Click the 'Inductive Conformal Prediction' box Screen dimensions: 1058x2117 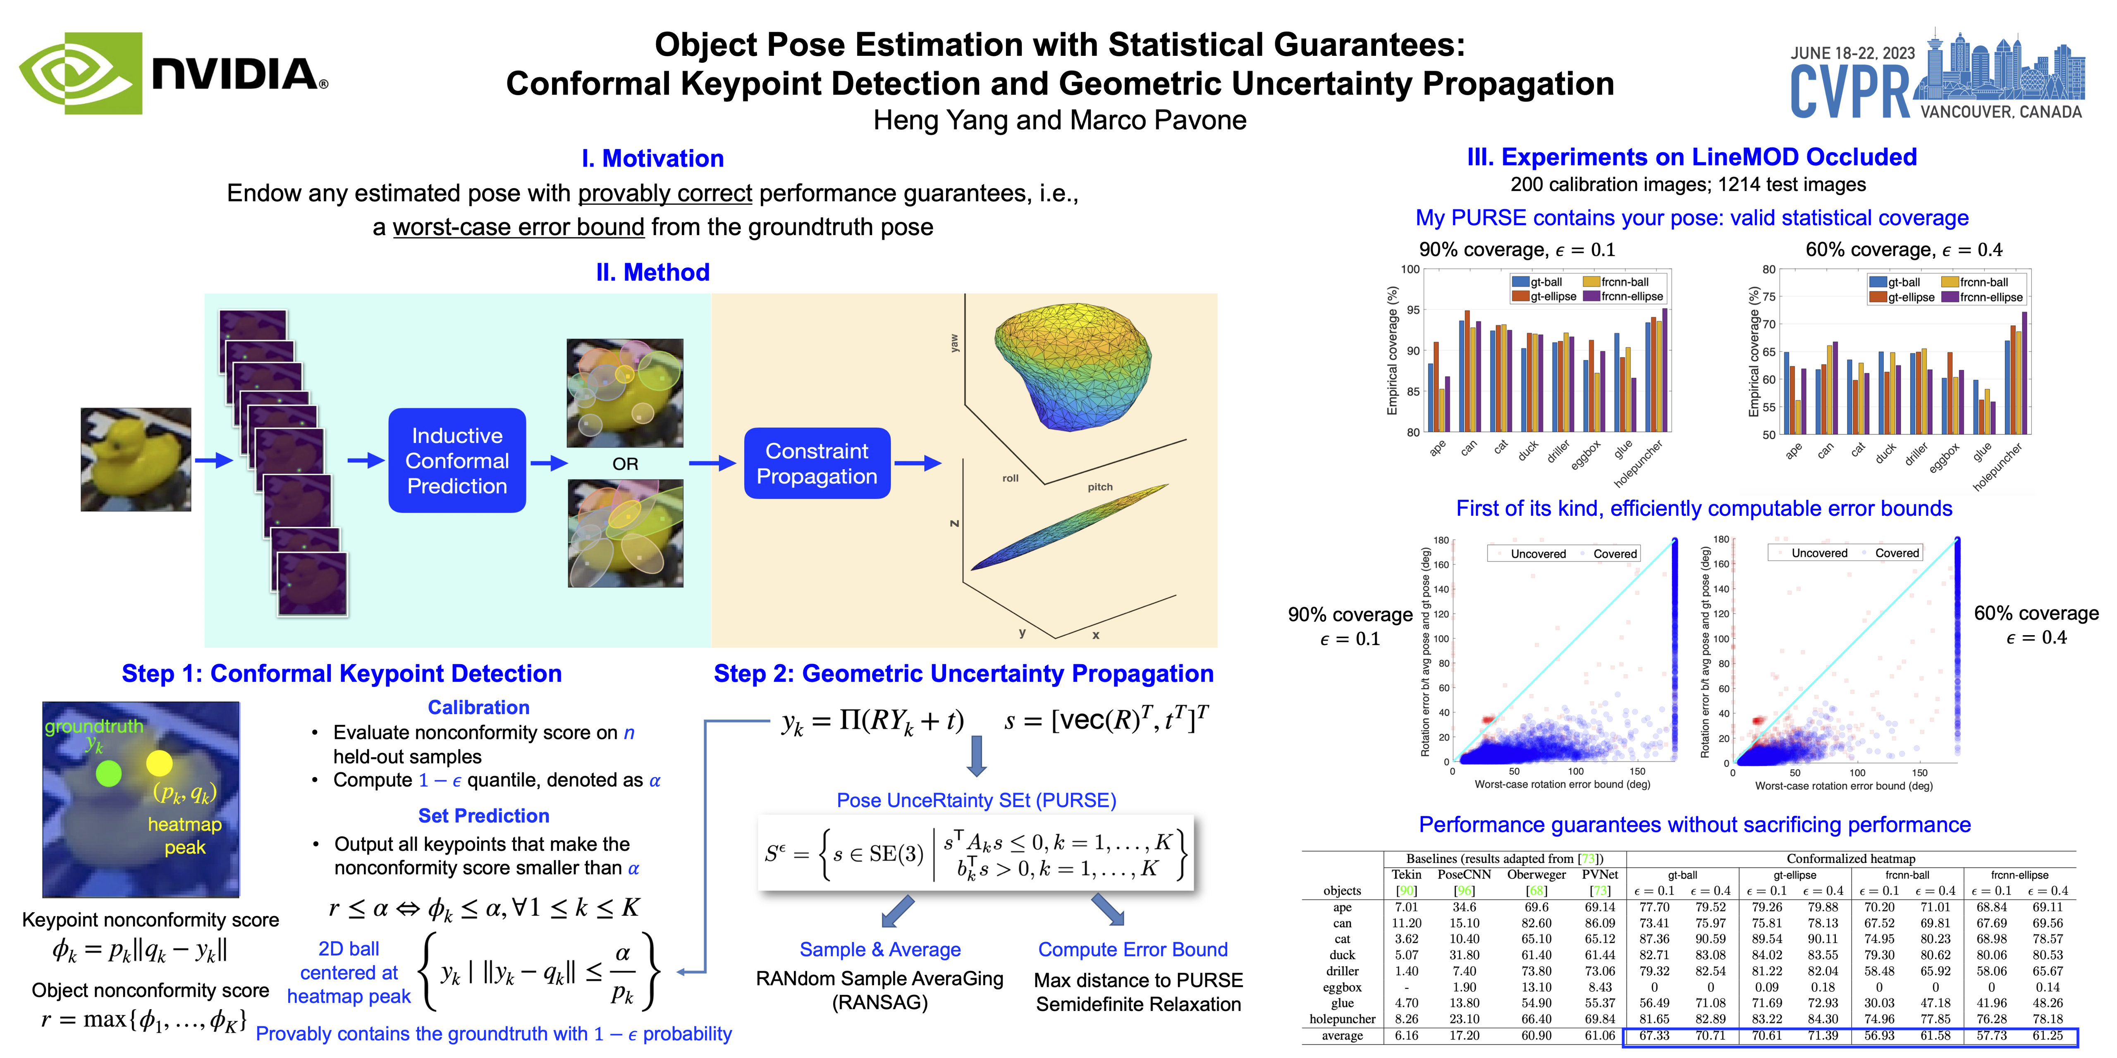pyautogui.click(x=457, y=461)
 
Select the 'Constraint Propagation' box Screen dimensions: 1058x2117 pyautogui.click(x=817, y=463)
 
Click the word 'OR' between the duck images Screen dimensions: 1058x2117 pyautogui.click(x=626, y=464)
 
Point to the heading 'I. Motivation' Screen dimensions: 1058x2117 pyautogui.click(x=652, y=159)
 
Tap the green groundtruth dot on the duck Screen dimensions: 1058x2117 pyautogui.click(x=108, y=773)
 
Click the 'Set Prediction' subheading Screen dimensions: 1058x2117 pyautogui.click(x=483, y=816)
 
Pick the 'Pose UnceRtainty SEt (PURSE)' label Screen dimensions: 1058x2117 pyautogui.click(x=976, y=800)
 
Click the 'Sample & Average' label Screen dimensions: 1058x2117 pyautogui.click(x=880, y=950)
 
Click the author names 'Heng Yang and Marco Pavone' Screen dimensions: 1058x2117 pyautogui.click(x=1059, y=121)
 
